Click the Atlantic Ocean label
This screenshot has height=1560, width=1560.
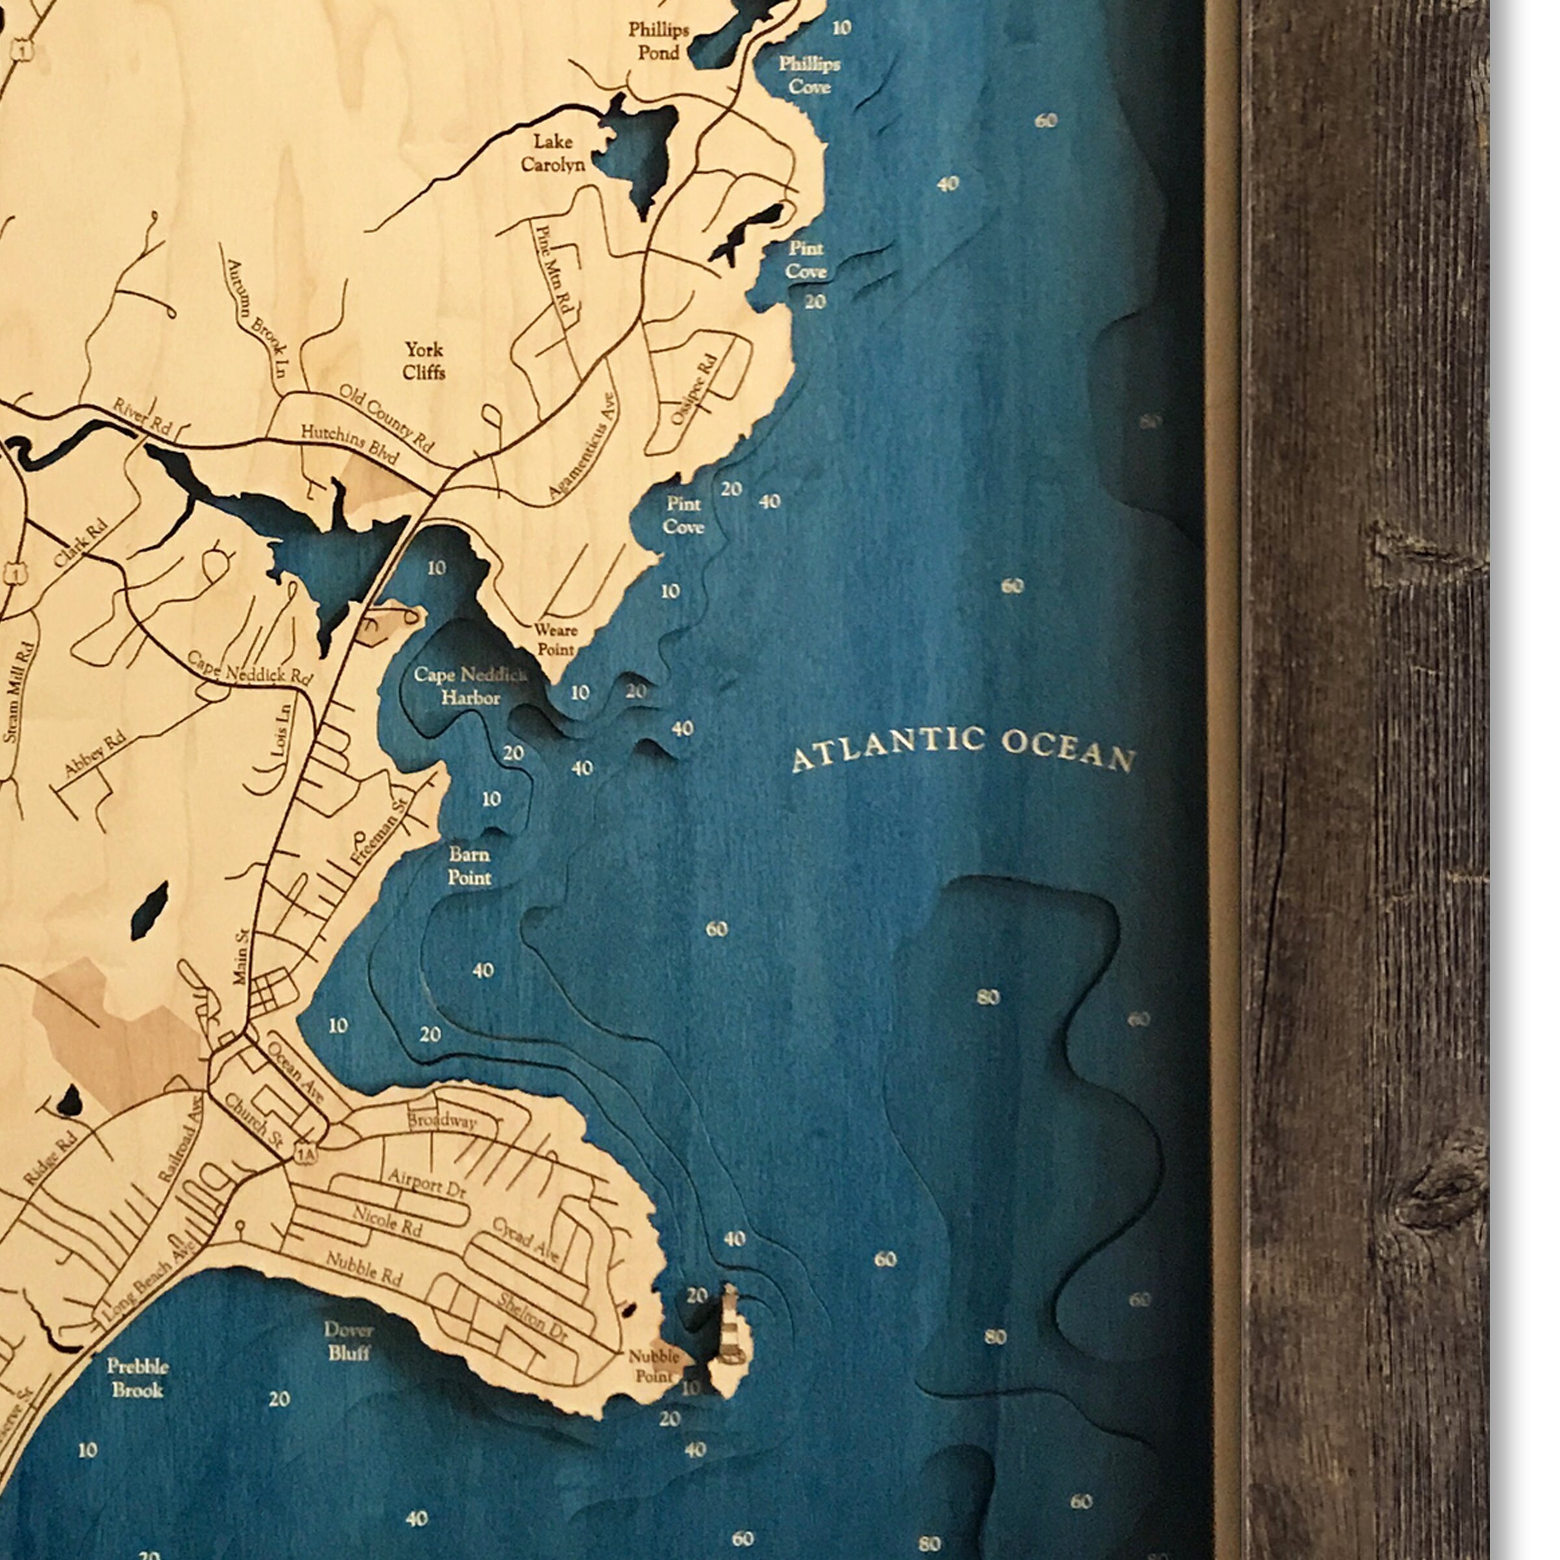click(x=963, y=749)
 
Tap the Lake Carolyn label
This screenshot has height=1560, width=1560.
click(x=553, y=153)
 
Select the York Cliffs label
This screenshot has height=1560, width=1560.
click(x=424, y=360)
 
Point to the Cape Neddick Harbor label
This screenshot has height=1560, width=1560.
click(x=471, y=686)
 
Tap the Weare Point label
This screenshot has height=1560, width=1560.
click(x=556, y=639)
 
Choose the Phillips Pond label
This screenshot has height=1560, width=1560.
click(x=659, y=41)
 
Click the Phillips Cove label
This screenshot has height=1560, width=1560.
click(x=809, y=74)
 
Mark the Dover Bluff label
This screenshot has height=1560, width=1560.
click(x=349, y=1340)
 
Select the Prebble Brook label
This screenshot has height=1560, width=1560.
click(x=138, y=1377)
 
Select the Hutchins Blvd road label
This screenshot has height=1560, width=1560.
click(x=350, y=443)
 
